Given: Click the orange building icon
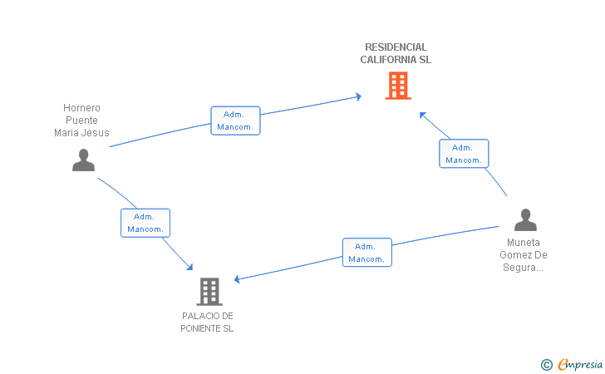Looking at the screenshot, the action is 398,86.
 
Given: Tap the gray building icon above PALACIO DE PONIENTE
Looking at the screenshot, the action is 209,292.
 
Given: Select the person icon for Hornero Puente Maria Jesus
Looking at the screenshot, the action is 83,160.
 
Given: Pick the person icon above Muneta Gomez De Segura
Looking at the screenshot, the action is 525,219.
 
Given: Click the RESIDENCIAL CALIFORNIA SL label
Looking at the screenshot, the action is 396,53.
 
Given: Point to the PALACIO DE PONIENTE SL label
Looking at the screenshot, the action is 207,322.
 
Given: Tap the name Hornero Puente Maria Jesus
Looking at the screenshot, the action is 81,120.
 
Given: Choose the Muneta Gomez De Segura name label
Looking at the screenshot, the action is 524,255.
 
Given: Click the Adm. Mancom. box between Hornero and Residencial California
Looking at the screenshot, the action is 235,121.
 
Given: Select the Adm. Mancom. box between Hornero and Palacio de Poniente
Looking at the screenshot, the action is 145,223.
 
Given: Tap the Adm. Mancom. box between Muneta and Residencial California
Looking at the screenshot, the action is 464,154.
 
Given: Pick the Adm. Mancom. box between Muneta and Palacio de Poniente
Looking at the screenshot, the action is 367,253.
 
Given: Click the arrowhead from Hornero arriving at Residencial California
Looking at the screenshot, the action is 359,96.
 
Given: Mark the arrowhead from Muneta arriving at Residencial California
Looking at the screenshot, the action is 422,115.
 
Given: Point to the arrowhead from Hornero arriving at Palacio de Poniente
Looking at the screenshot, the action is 189,267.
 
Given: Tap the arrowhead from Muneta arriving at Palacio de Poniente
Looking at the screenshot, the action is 237,278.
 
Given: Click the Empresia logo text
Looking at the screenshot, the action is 580,364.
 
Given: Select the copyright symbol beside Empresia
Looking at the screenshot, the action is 546,365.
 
